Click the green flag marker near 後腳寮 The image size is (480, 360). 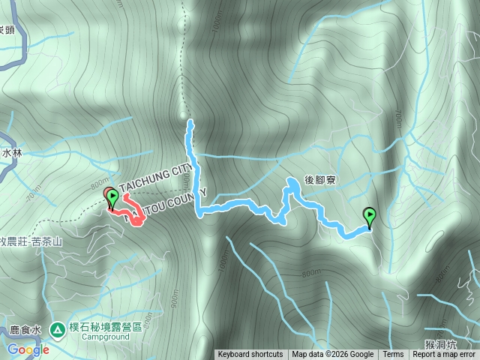(x=370, y=216)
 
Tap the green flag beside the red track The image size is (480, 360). (x=112, y=198)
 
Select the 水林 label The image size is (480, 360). (x=12, y=152)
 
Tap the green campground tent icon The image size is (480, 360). (x=57, y=328)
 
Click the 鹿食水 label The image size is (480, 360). (x=25, y=329)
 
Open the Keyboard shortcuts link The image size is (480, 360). (x=250, y=355)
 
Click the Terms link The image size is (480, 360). (x=393, y=355)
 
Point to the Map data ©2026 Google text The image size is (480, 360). (x=333, y=355)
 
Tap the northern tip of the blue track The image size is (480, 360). (x=190, y=121)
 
